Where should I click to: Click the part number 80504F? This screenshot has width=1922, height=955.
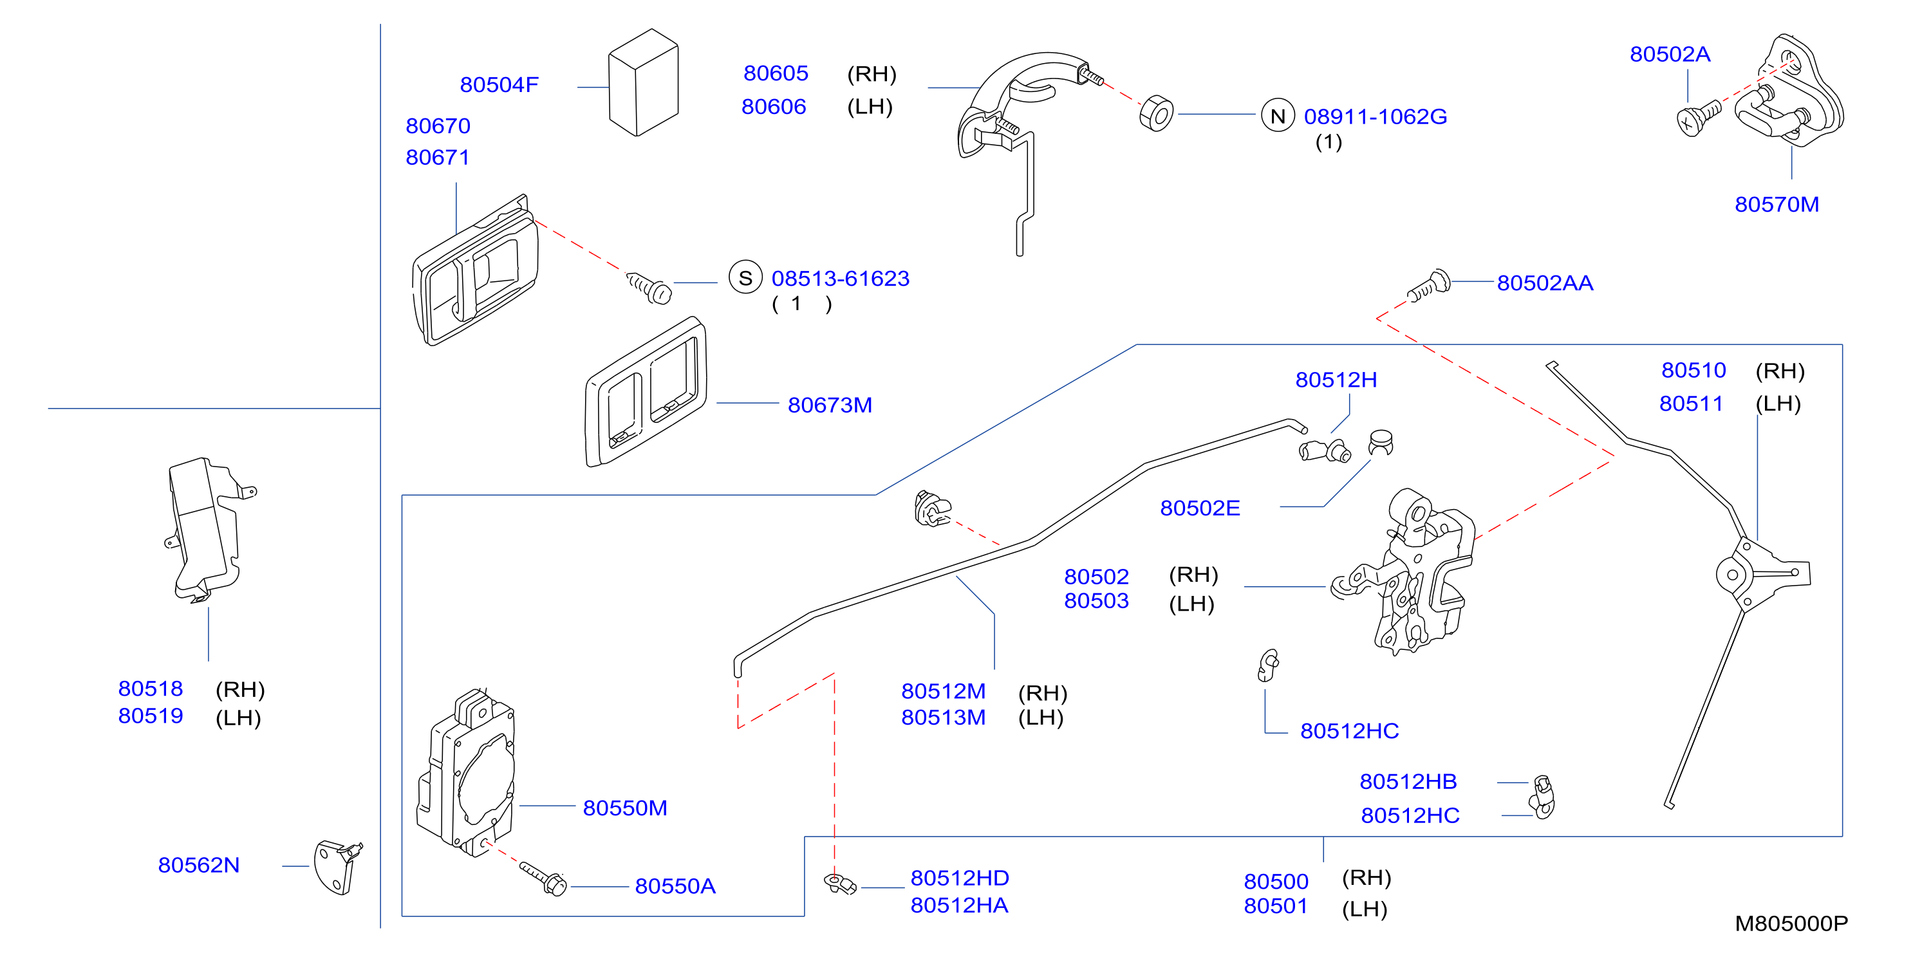click(x=499, y=85)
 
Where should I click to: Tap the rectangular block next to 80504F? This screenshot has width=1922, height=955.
click(x=643, y=82)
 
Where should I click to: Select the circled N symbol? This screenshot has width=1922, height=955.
click(x=1277, y=116)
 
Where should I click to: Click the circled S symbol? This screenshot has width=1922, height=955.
click(x=745, y=277)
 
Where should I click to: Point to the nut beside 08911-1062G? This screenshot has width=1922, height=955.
click(x=1157, y=113)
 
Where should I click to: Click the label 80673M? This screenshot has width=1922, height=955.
click(x=830, y=405)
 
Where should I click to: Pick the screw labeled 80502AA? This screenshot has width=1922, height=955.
click(x=1429, y=286)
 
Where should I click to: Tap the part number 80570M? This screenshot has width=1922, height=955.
click(x=1777, y=205)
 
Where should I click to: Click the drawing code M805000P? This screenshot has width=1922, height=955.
click(x=1791, y=923)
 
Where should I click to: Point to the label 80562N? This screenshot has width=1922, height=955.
click(x=198, y=866)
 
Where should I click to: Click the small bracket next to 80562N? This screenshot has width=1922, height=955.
click(x=338, y=867)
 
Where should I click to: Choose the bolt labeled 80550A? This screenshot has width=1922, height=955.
click(x=543, y=879)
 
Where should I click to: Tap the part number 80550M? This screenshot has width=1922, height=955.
click(x=624, y=808)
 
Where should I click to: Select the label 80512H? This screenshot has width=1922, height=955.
click(x=1336, y=380)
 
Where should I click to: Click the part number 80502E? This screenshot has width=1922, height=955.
click(x=1200, y=508)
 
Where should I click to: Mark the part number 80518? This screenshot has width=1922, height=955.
click(x=150, y=689)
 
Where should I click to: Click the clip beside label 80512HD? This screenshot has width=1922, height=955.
click(x=839, y=884)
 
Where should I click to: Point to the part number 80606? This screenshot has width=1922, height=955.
click(x=774, y=107)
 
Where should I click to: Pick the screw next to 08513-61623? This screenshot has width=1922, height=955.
click(x=649, y=287)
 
